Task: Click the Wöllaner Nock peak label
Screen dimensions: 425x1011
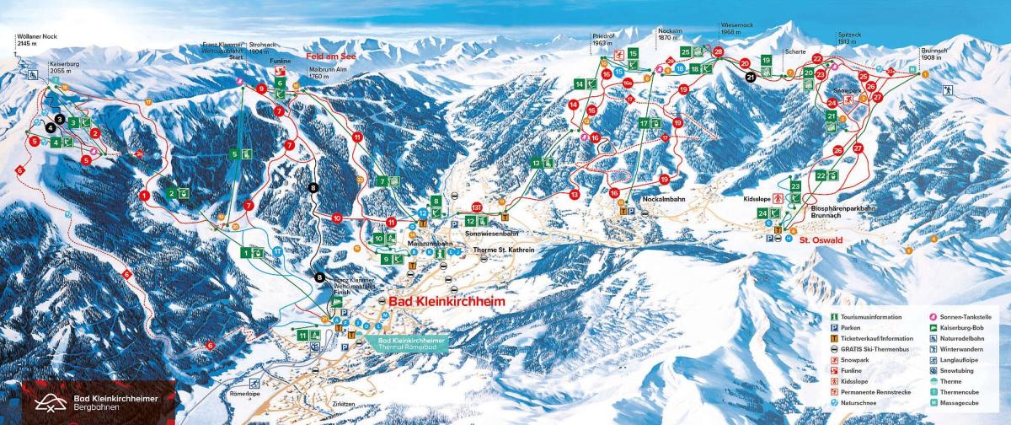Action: (x=36, y=39)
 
